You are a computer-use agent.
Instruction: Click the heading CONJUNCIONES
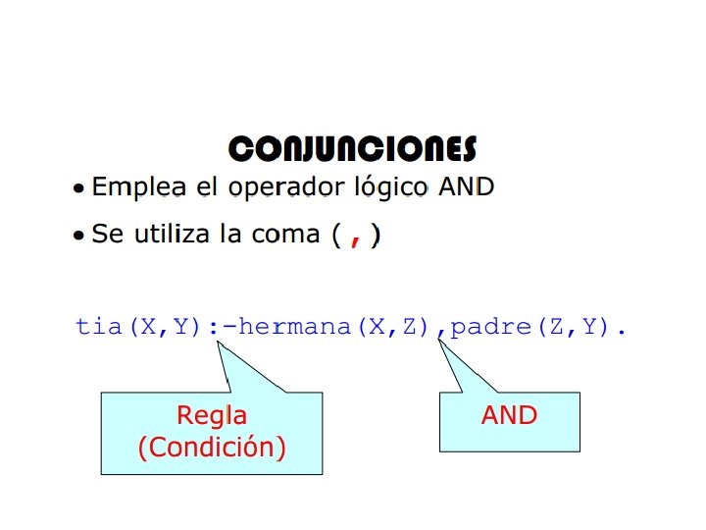pyautogui.click(x=352, y=149)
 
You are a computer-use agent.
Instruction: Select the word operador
pyautogui.click(x=270, y=186)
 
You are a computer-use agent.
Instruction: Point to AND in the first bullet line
pyautogui.click(x=466, y=186)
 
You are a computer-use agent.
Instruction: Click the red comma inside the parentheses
pyautogui.click(x=355, y=238)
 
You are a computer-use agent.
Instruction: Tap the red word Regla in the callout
pyautogui.click(x=211, y=415)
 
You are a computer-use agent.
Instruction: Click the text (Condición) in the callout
pyautogui.click(x=211, y=448)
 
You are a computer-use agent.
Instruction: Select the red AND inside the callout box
pyautogui.click(x=509, y=415)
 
